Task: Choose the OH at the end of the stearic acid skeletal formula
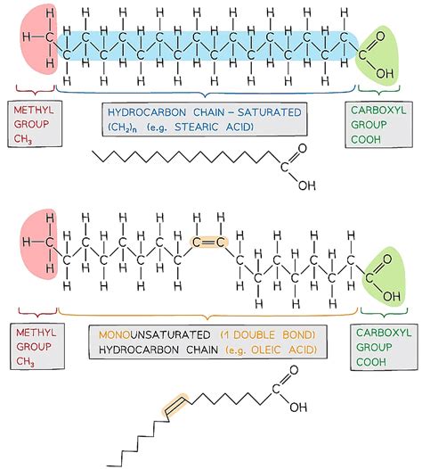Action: [306, 185]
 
